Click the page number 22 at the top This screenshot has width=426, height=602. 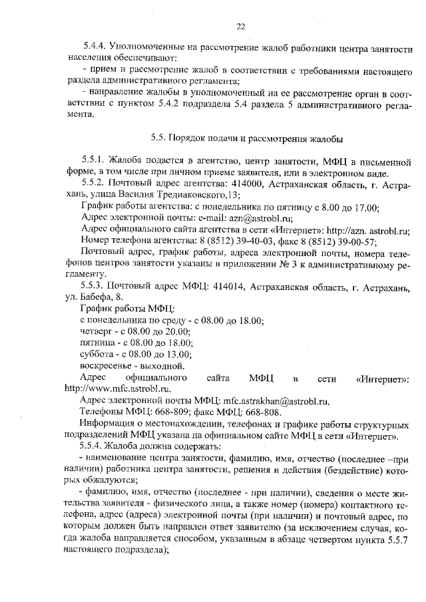coord(242,26)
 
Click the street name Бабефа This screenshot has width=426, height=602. coord(98,298)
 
